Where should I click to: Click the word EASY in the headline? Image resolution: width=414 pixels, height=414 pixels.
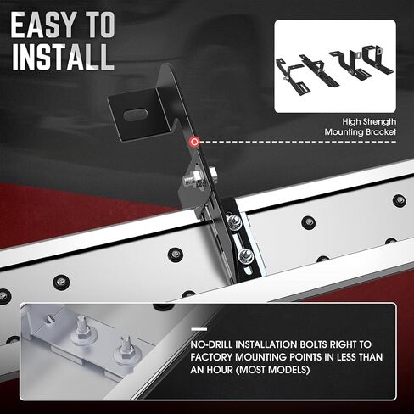pos(43,25)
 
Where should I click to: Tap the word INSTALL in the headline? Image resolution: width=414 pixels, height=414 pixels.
pos(63,57)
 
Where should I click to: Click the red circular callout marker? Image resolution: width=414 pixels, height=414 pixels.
pos(194,142)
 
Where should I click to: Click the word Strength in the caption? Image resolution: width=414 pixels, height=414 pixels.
pos(379,122)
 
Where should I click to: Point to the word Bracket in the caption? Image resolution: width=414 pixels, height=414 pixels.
pos(381,132)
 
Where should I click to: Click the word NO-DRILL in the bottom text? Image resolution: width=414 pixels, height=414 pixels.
pos(212,344)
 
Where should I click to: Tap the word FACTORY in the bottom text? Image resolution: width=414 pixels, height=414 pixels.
pos(211,357)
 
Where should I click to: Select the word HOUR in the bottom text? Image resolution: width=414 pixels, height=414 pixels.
pos(220,369)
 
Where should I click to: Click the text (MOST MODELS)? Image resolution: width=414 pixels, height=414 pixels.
pos(272,369)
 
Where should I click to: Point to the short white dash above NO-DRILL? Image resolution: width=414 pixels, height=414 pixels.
pos(199,329)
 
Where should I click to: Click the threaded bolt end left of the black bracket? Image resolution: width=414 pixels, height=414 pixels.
pos(190,180)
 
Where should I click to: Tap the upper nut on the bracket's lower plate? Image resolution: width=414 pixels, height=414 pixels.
pos(234,222)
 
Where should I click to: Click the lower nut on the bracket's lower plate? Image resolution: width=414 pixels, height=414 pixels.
pos(245,256)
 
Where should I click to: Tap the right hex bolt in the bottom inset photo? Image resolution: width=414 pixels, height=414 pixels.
pos(126,351)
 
